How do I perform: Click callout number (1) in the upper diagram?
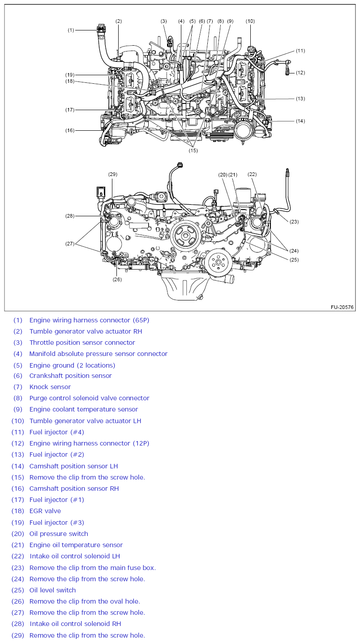coord(71,30)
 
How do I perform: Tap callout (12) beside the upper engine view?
coord(300,73)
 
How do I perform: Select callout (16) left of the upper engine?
coord(70,131)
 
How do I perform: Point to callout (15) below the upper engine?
coord(193,150)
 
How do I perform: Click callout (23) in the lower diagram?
coord(294,221)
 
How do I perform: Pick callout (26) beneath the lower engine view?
coord(117,279)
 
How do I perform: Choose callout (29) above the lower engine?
coord(112,174)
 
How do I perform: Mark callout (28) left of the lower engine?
coord(70,216)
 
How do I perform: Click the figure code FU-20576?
coord(342,307)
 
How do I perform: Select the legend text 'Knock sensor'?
coord(50,387)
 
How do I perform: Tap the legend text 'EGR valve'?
coord(45,511)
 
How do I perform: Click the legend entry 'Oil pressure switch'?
coord(59,534)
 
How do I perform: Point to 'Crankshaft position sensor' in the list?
coord(71,376)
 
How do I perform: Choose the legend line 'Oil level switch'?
coord(52,590)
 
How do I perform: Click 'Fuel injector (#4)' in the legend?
coord(57,432)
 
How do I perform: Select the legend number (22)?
coord(17,556)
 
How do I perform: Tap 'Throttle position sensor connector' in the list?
coord(82,343)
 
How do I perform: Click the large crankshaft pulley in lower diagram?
coord(185,236)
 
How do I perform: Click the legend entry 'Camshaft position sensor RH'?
coord(74,489)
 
